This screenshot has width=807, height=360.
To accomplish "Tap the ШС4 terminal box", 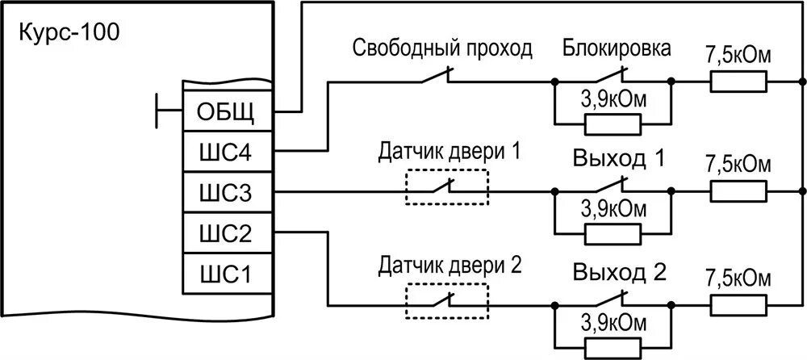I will (227, 153).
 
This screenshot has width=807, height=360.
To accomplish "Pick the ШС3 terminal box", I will (227, 193).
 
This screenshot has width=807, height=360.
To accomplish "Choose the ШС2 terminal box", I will (227, 234).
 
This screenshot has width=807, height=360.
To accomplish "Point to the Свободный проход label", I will (442, 49).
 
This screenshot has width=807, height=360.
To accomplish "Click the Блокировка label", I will (616, 49).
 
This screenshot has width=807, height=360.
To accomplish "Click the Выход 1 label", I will (618, 158).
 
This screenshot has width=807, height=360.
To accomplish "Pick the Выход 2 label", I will (618, 270).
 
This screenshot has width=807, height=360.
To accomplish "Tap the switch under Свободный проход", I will (437, 78).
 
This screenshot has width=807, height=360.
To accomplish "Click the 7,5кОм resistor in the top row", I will (738, 82).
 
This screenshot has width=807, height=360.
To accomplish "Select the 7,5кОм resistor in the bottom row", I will (738, 306).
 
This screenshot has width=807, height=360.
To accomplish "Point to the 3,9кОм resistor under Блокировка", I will (612, 123).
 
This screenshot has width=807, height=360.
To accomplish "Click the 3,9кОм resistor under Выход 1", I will (612, 234).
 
